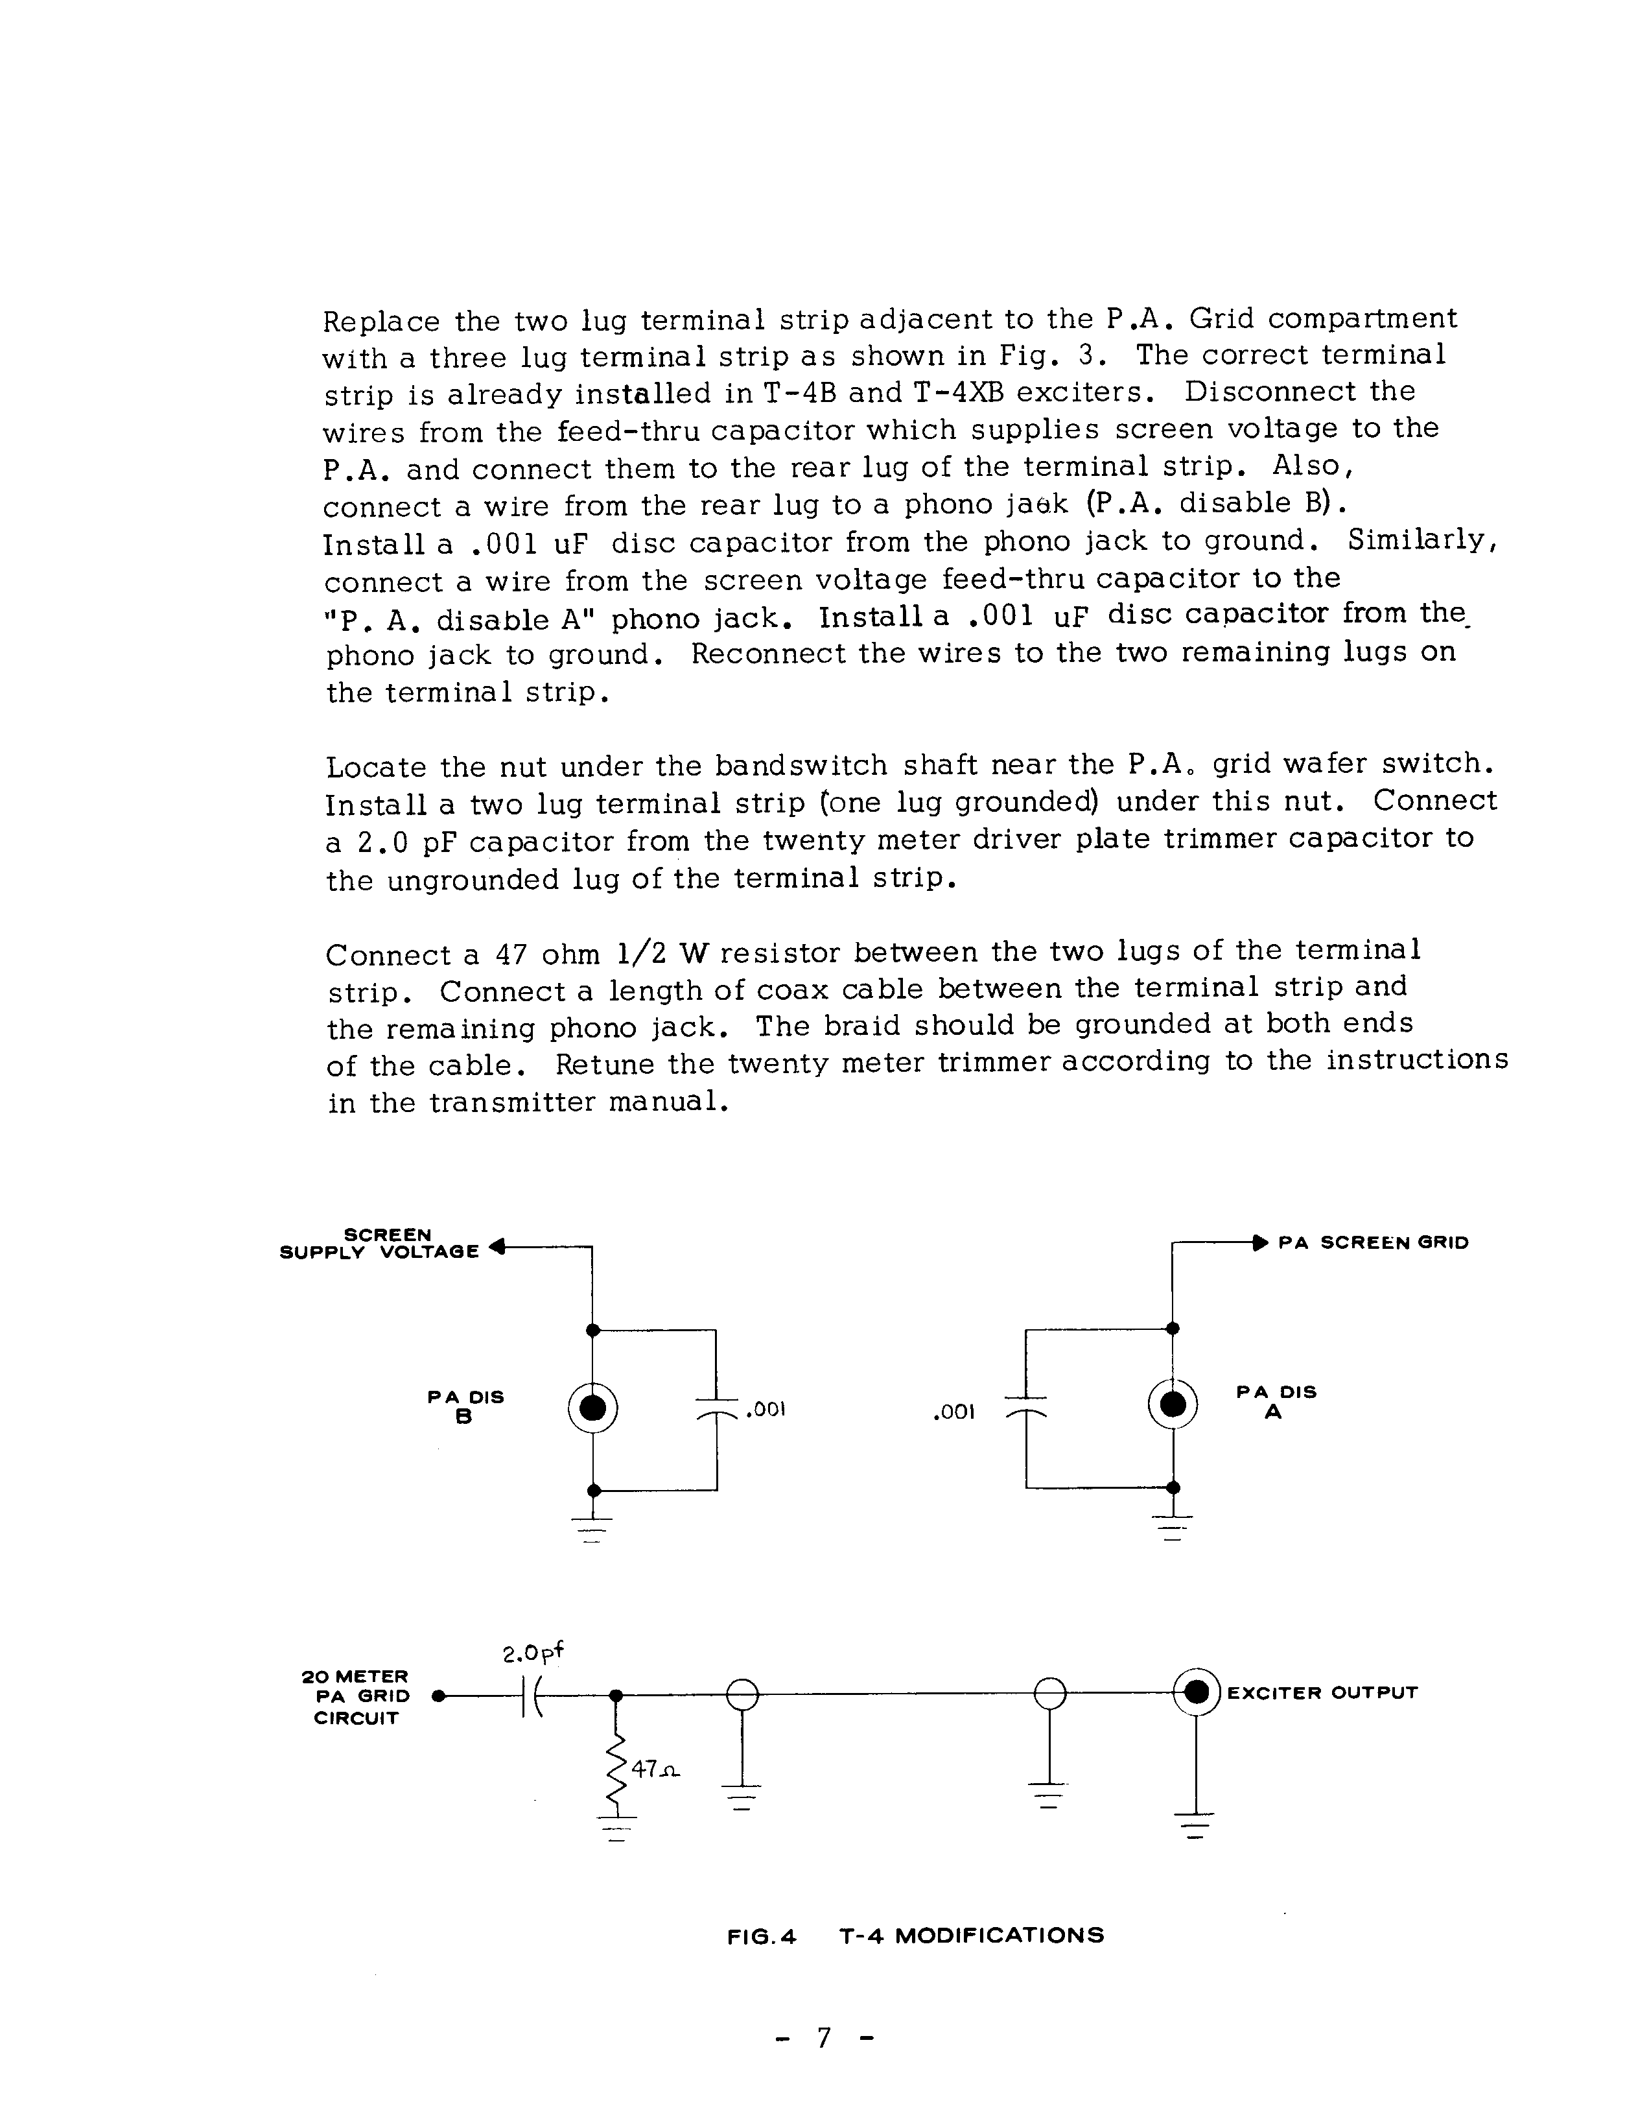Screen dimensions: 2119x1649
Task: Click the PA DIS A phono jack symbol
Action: pos(1173,1404)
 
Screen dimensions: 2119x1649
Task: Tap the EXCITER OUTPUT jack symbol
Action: pos(1197,1692)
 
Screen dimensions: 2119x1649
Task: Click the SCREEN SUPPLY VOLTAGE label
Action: pos(380,1243)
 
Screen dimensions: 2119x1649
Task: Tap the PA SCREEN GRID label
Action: pos(1374,1243)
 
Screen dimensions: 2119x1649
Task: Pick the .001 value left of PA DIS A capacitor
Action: pos(953,1413)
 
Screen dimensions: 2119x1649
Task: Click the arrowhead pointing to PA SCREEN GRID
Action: pos(1260,1242)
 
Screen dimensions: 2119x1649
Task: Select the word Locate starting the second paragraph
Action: pos(377,768)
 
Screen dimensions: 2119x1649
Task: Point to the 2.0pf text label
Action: pos(533,1652)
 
